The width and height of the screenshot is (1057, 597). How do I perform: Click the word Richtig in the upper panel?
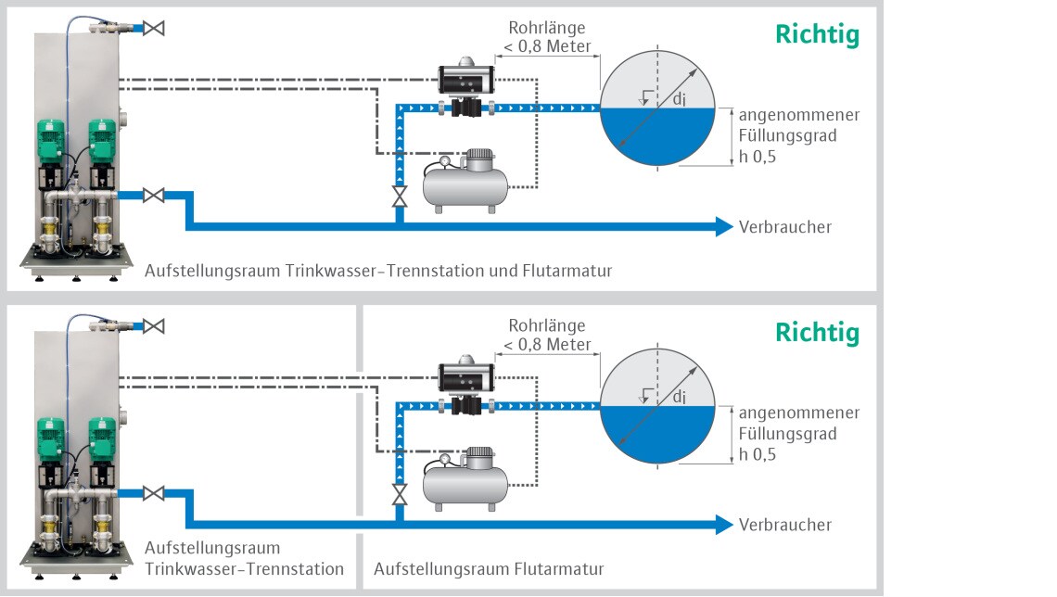817,34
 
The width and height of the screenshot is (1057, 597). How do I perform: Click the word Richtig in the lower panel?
817,332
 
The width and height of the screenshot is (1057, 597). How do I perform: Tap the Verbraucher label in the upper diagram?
784,227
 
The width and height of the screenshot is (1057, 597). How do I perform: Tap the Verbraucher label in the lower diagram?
784,525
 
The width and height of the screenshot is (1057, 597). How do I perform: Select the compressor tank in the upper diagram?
465,182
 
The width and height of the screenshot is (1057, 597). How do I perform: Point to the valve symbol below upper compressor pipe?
400,197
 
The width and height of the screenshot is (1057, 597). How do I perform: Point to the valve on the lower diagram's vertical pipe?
400,495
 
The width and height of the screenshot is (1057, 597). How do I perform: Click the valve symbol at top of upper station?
154,29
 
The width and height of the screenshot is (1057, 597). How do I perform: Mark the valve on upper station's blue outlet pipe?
154,196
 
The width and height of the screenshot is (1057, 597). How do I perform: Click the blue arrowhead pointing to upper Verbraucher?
724,227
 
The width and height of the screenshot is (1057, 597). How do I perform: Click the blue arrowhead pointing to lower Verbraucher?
724,525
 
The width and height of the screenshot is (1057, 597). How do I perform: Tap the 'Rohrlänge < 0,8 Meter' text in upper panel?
547,37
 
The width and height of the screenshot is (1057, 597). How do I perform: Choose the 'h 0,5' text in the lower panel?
757,455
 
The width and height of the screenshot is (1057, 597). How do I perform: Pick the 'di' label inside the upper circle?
679,100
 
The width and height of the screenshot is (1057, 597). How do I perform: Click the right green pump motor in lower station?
102,438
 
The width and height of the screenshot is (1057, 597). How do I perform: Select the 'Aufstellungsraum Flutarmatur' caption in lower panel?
489,569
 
